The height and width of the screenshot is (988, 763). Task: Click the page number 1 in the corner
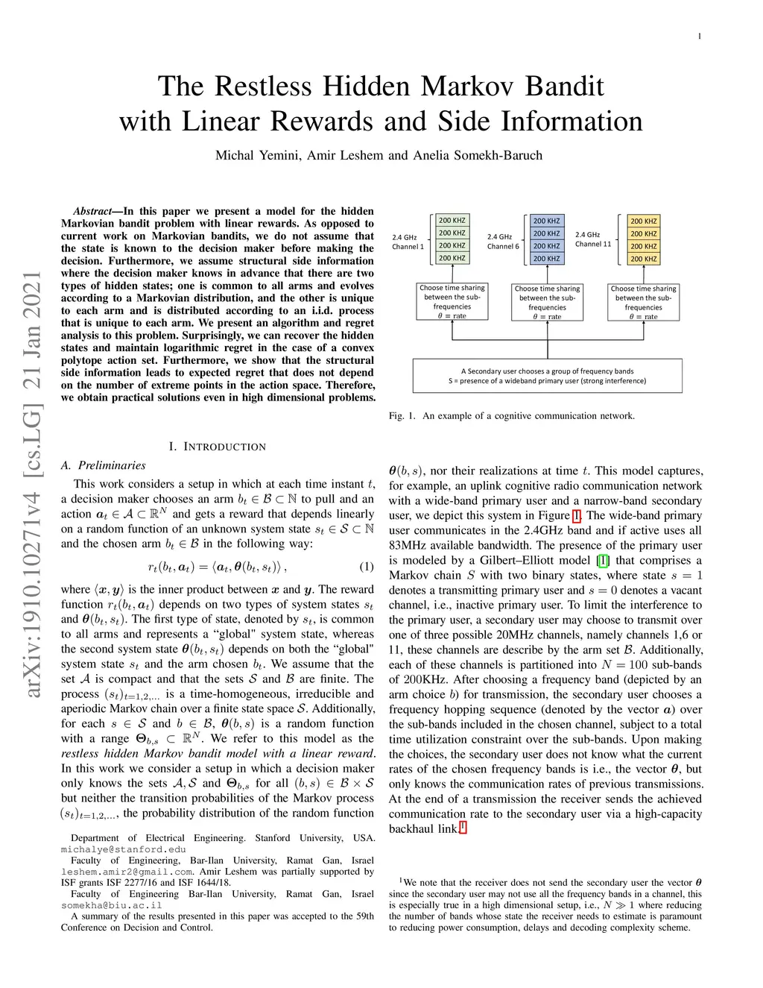(699, 36)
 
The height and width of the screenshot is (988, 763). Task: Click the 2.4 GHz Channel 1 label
(408, 242)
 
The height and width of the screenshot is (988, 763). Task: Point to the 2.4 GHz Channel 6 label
(503, 242)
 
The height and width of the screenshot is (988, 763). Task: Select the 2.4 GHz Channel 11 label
(593, 239)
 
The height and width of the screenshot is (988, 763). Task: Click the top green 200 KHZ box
(452, 221)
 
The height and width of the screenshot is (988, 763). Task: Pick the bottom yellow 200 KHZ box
(644, 259)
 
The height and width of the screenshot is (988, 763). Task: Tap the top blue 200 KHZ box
(546, 221)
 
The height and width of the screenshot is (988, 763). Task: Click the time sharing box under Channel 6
(548, 302)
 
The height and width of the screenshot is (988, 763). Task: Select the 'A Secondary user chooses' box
(548, 376)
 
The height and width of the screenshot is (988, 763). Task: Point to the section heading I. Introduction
(217, 447)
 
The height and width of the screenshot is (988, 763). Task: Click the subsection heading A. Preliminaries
(104, 465)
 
